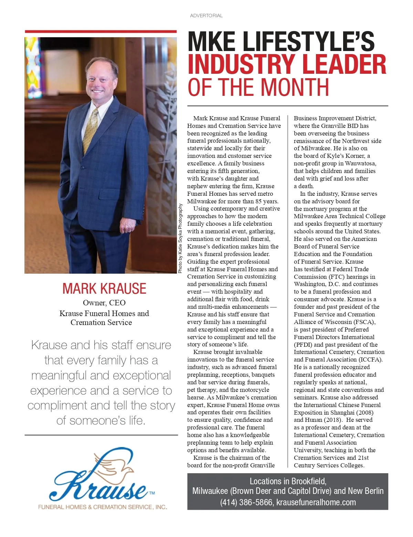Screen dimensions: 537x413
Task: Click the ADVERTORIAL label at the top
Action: [206, 16]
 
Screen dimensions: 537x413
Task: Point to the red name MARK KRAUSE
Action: [104, 288]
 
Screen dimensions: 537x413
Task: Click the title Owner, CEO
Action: [104, 303]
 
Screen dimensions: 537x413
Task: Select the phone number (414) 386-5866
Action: [246, 502]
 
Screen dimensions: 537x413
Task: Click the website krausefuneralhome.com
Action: [316, 502]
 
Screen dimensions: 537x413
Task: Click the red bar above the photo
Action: [100, 32]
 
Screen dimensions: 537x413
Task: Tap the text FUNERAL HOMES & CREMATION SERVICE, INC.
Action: [103, 507]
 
